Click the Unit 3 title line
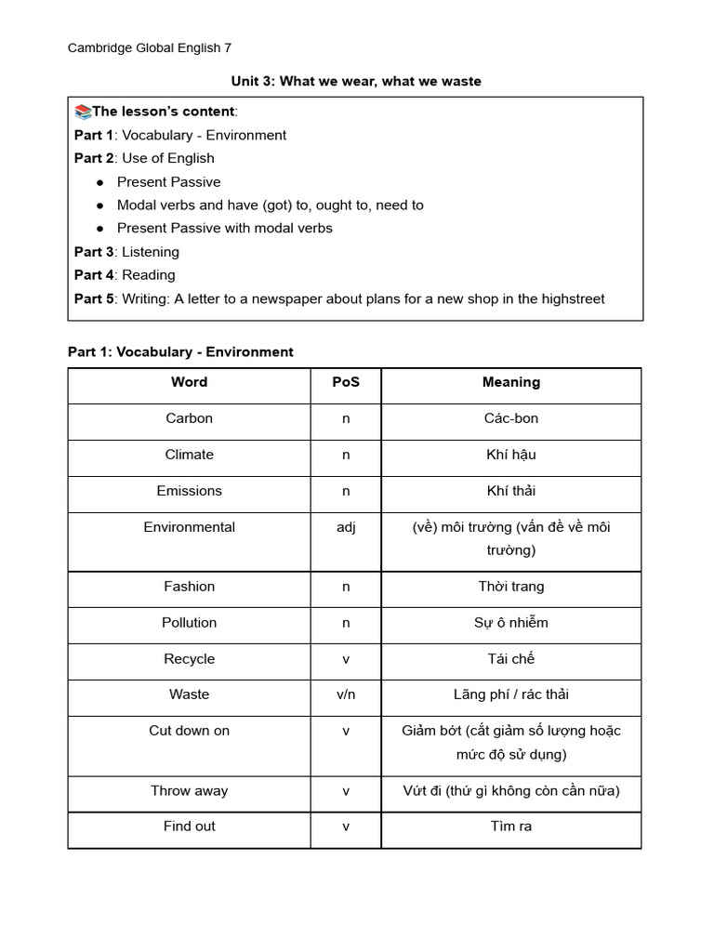point(356,82)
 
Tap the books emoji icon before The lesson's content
point(83,112)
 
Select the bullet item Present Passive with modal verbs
point(224,228)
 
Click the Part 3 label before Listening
point(93,252)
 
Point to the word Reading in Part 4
point(149,275)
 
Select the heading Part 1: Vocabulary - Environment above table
point(180,352)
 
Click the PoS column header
point(346,382)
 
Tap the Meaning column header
point(510,382)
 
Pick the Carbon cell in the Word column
point(189,418)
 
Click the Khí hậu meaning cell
point(510,455)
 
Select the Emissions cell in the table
point(189,491)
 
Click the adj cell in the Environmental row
point(346,527)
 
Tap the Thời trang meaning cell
point(510,587)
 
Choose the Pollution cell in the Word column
point(189,623)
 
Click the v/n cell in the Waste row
point(346,694)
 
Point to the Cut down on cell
point(189,731)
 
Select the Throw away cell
point(189,791)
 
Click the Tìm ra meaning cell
point(510,826)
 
